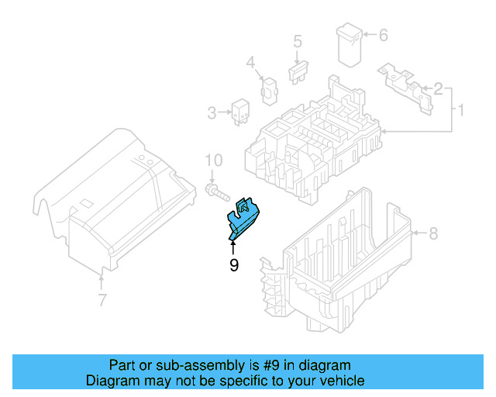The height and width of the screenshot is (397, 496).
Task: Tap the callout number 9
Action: pos(233,265)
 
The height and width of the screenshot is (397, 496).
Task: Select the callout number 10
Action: pos(213,161)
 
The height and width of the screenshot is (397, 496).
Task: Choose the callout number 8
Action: pos(433,233)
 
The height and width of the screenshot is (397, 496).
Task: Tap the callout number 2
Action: pos(438,88)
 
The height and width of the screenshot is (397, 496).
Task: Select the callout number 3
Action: pos(212,114)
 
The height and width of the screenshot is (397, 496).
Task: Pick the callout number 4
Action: pos(250,62)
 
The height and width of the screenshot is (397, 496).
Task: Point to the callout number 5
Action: pos(296,41)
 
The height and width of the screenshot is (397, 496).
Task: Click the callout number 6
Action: pos(383,35)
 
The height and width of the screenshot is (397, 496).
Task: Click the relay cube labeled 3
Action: pos(239,112)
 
